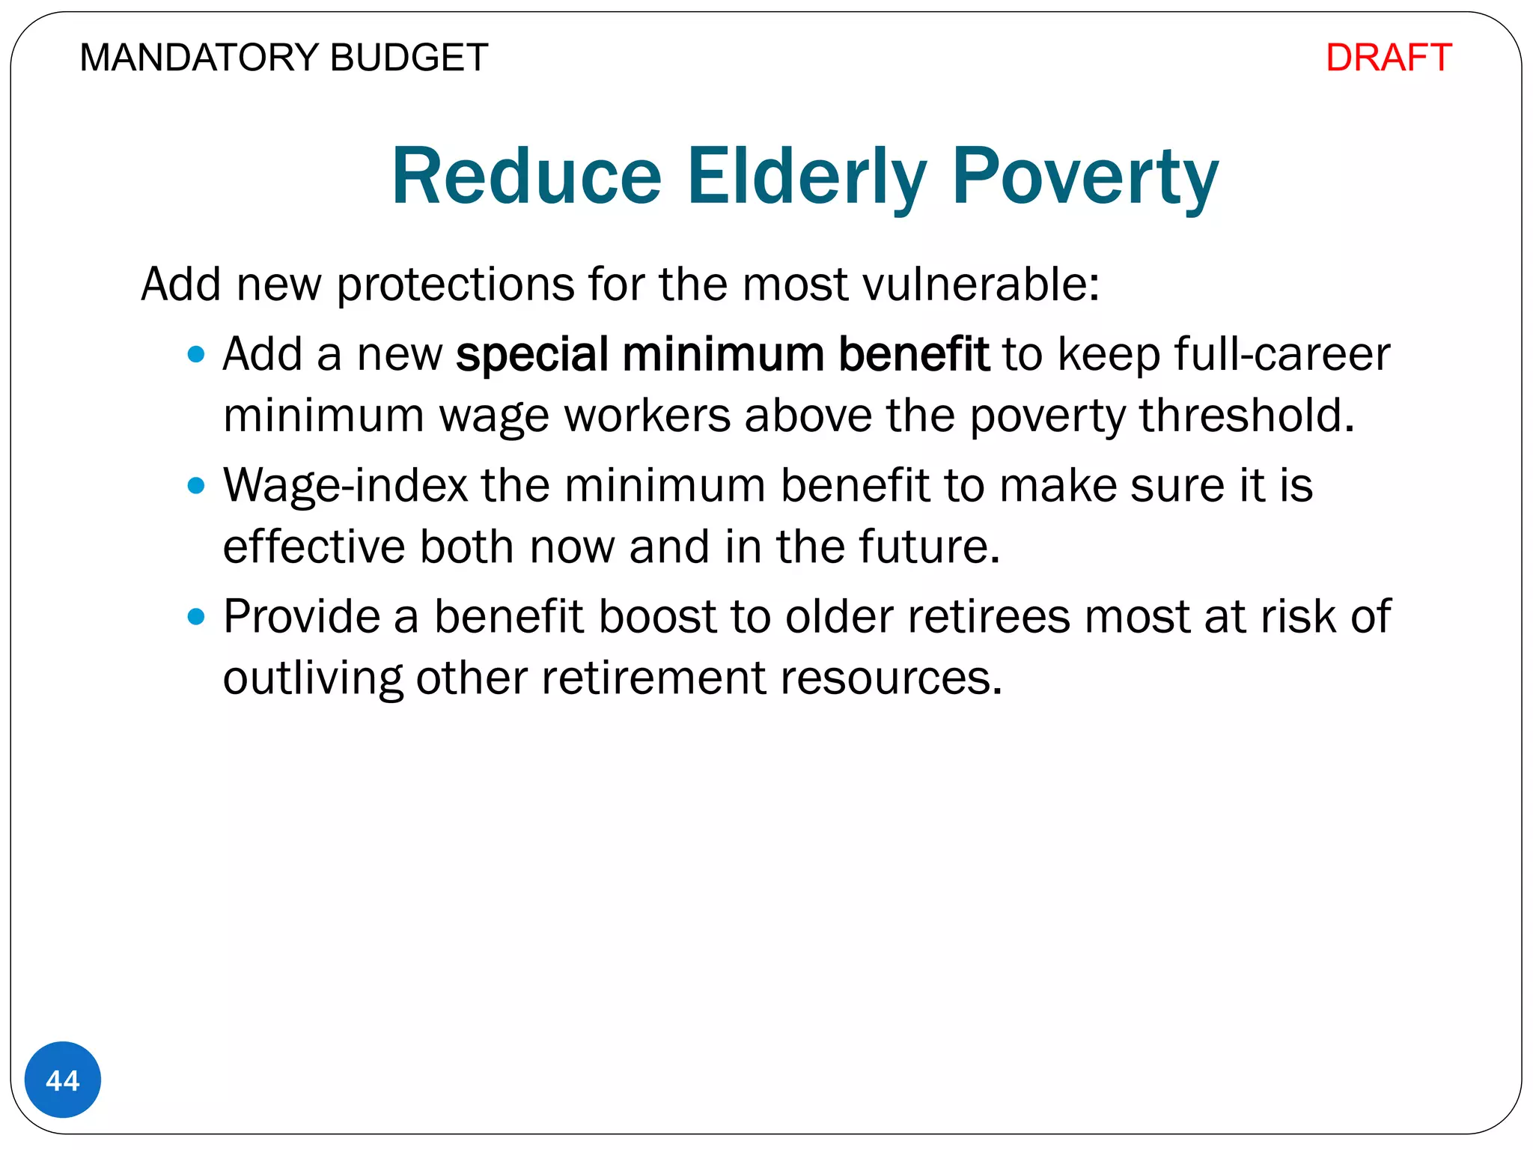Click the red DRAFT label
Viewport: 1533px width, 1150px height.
1388,58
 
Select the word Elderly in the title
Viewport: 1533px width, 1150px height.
806,177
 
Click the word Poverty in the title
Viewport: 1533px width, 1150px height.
1085,177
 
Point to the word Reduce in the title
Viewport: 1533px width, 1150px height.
527,177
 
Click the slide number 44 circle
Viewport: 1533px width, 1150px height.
63,1080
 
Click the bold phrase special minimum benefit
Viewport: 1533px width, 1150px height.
722,354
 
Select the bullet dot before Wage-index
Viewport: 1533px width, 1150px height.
196,486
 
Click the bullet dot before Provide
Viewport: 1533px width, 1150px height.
196,617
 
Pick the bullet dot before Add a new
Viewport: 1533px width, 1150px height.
196,354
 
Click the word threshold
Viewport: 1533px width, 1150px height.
1246,416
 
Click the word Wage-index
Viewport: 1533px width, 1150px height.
345,486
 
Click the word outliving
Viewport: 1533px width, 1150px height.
313,678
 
